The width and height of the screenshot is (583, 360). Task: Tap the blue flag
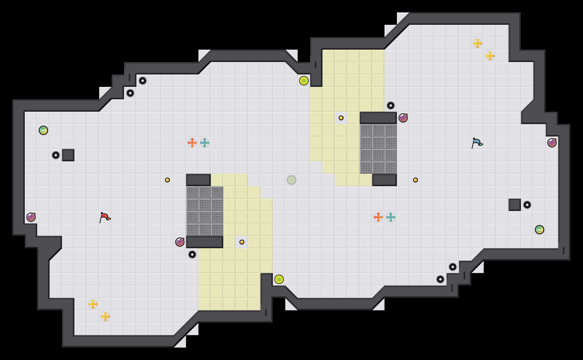tap(477, 142)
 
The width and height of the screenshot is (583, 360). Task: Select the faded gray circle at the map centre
tap(291, 180)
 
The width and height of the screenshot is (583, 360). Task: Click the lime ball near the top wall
tap(304, 81)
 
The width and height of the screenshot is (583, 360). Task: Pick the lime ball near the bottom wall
tap(279, 279)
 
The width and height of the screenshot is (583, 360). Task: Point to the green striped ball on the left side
tap(43, 130)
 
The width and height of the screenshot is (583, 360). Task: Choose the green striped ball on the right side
tap(540, 230)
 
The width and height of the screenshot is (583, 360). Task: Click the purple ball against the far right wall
tap(552, 143)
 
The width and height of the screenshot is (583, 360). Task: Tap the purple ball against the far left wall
tap(31, 217)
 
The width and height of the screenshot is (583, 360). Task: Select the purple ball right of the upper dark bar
tap(403, 118)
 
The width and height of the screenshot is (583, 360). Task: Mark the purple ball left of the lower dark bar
tap(180, 242)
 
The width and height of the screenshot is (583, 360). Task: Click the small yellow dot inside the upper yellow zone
tap(341, 118)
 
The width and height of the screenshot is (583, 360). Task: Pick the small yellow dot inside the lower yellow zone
tap(242, 242)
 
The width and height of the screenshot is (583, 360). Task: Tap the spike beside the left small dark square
tap(56, 155)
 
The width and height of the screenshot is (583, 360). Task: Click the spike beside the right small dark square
tap(527, 205)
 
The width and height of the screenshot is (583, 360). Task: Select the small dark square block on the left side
tap(68, 155)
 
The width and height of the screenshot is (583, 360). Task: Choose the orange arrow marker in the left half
tap(192, 143)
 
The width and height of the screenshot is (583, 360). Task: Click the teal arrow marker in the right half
tap(391, 217)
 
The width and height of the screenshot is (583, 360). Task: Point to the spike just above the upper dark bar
tap(391, 106)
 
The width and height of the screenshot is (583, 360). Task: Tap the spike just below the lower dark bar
tap(192, 254)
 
